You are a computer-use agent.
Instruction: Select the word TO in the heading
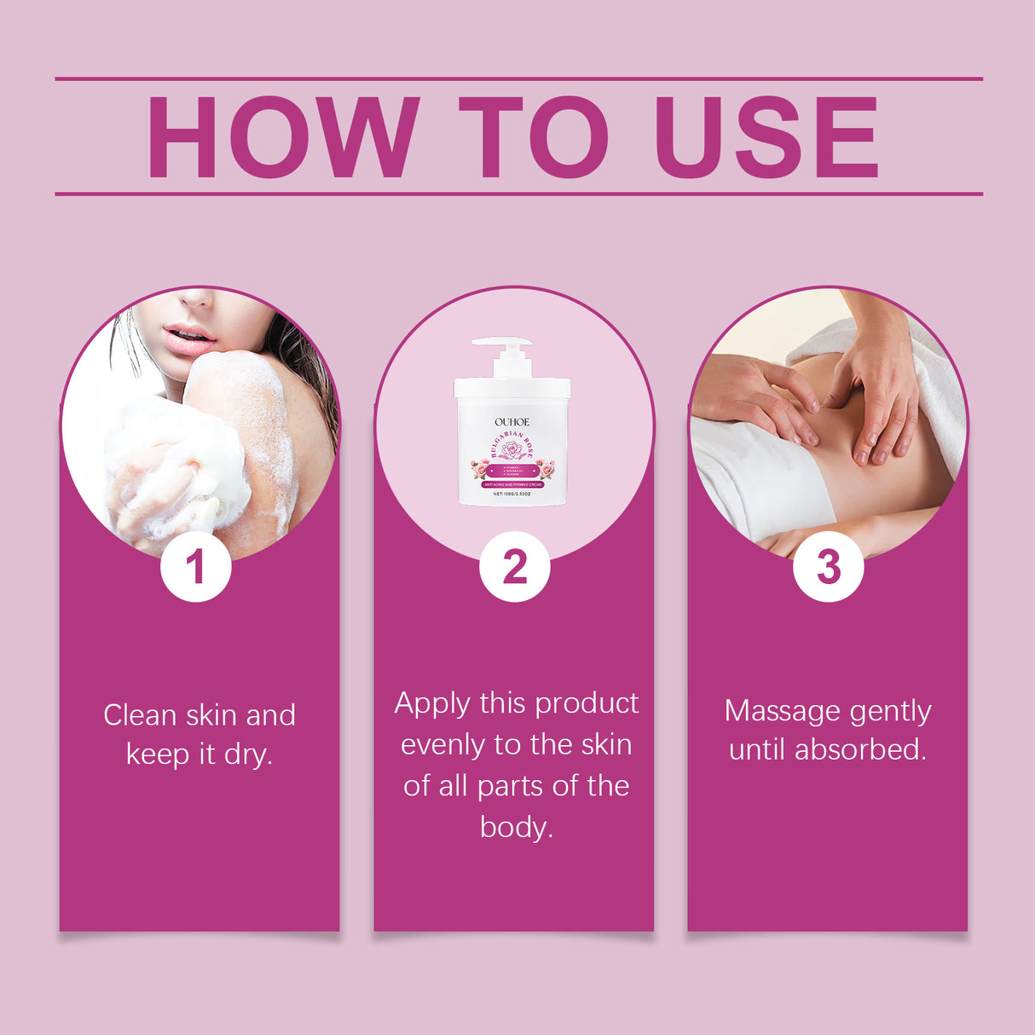pos(534,138)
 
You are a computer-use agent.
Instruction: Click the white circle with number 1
pos(196,567)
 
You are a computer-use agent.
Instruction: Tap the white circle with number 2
pos(514,567)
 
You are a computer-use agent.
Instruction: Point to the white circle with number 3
pos(828,567)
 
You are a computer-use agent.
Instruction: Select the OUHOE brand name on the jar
pos(512,422)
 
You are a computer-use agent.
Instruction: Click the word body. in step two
pos(517,827)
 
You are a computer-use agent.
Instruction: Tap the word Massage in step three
pos(772,710)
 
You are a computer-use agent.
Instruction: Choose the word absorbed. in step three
pos(860,749)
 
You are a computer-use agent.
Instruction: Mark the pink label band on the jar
pos(512,483)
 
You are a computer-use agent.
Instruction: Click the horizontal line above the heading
pos(518,78)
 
